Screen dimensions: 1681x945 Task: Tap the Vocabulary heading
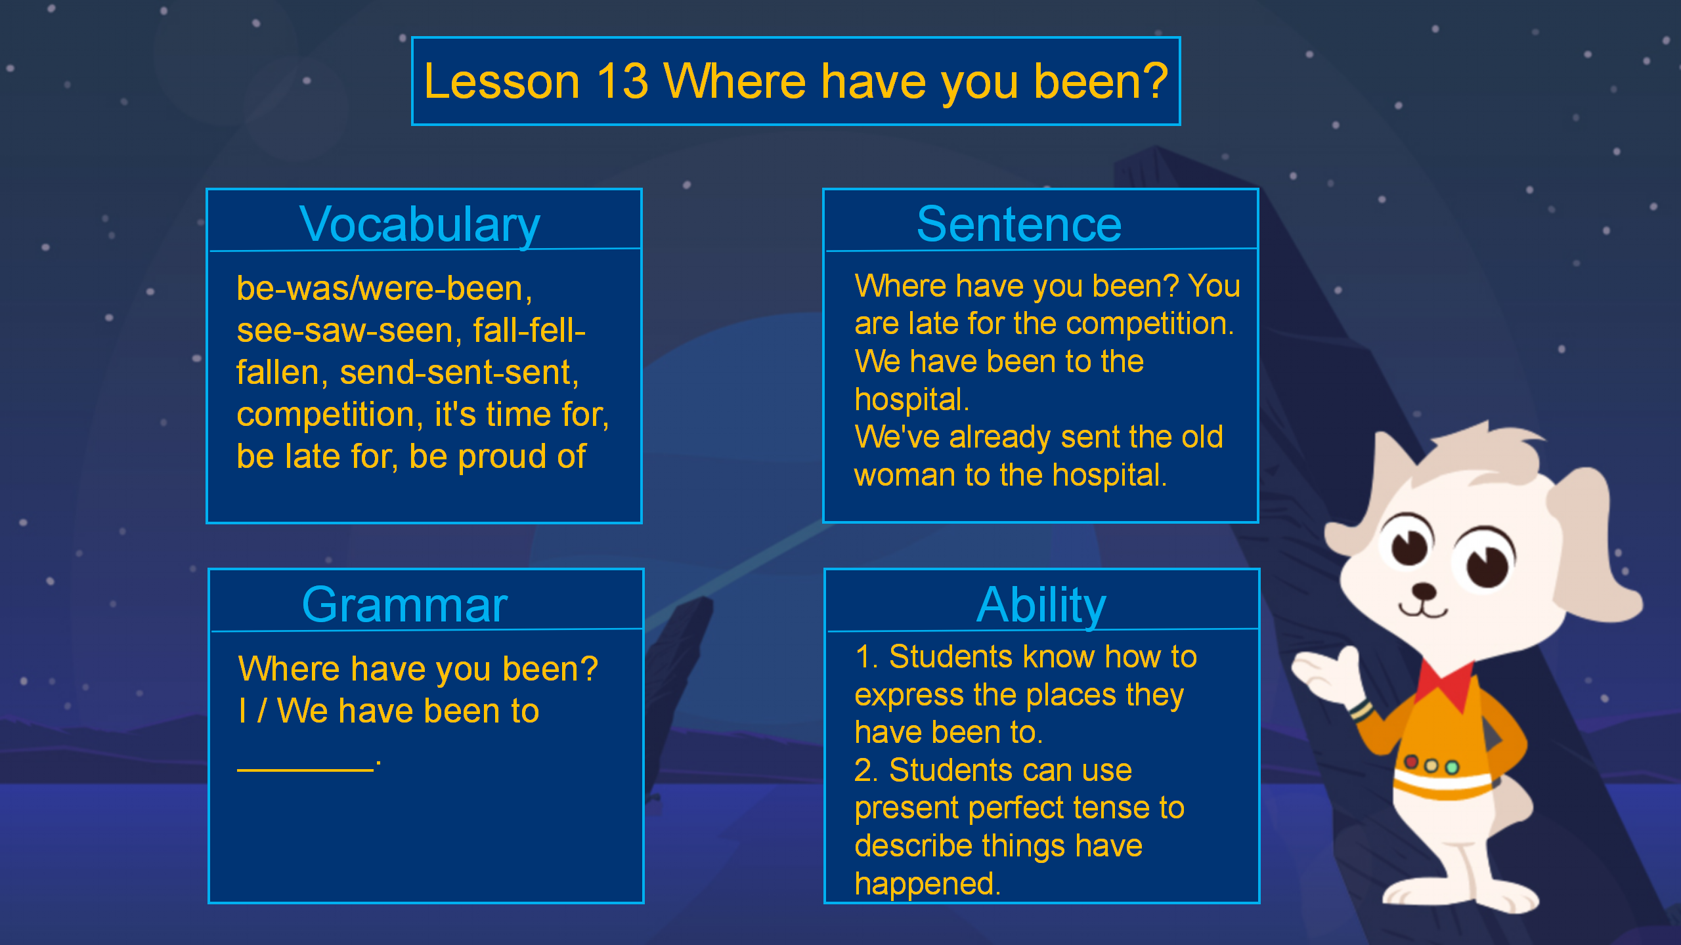coord(420,225)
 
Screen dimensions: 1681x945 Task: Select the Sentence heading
coord(1019,224)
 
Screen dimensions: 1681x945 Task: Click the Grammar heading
coord(404,605)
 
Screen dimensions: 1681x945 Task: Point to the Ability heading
coord(1041,606)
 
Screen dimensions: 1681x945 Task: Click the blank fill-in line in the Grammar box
coord(305,769)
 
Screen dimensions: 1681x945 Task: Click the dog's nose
coord(1424,591)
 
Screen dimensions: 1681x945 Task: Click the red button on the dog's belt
coord(1410,762)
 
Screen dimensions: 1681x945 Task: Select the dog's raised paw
coord(1324,673)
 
